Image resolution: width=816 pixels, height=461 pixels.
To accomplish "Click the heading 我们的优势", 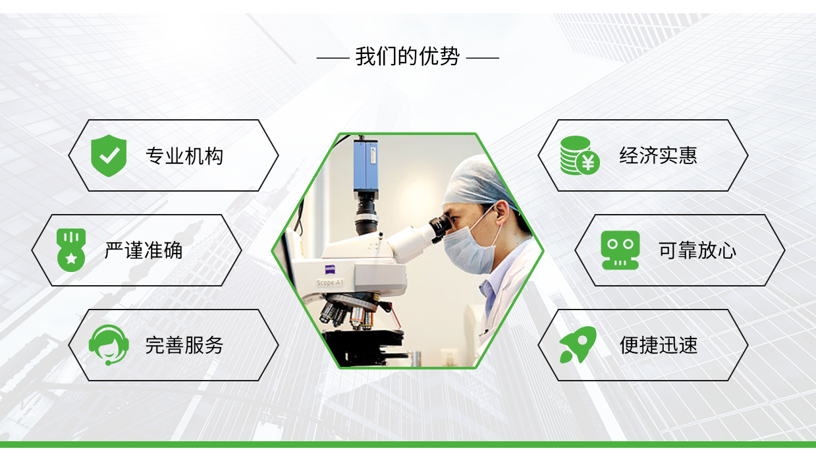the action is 407,57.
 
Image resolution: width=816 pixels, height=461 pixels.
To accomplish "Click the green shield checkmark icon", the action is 109,155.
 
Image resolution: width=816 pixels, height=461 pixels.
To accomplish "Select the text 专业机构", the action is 184,156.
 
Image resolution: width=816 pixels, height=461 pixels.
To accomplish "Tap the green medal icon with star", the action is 71,250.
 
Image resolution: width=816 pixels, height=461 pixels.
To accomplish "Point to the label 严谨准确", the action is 144,250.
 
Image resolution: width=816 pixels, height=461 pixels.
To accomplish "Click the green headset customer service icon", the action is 109,345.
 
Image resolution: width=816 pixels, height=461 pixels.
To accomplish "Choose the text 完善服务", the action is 184,345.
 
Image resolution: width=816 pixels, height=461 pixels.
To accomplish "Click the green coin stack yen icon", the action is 580,155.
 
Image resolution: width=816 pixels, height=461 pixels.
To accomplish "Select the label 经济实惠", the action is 658,155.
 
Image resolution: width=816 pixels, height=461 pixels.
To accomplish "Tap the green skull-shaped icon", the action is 620,250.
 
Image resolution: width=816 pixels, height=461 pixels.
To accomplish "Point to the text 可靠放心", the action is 697,250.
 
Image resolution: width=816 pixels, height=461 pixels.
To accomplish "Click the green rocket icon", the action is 578,344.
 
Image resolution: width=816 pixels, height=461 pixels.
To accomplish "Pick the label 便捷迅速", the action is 659,345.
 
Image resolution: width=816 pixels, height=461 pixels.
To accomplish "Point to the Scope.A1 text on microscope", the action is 330,283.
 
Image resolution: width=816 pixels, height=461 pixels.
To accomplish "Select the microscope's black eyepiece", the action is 441,227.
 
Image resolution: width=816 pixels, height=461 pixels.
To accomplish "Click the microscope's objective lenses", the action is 348,315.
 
